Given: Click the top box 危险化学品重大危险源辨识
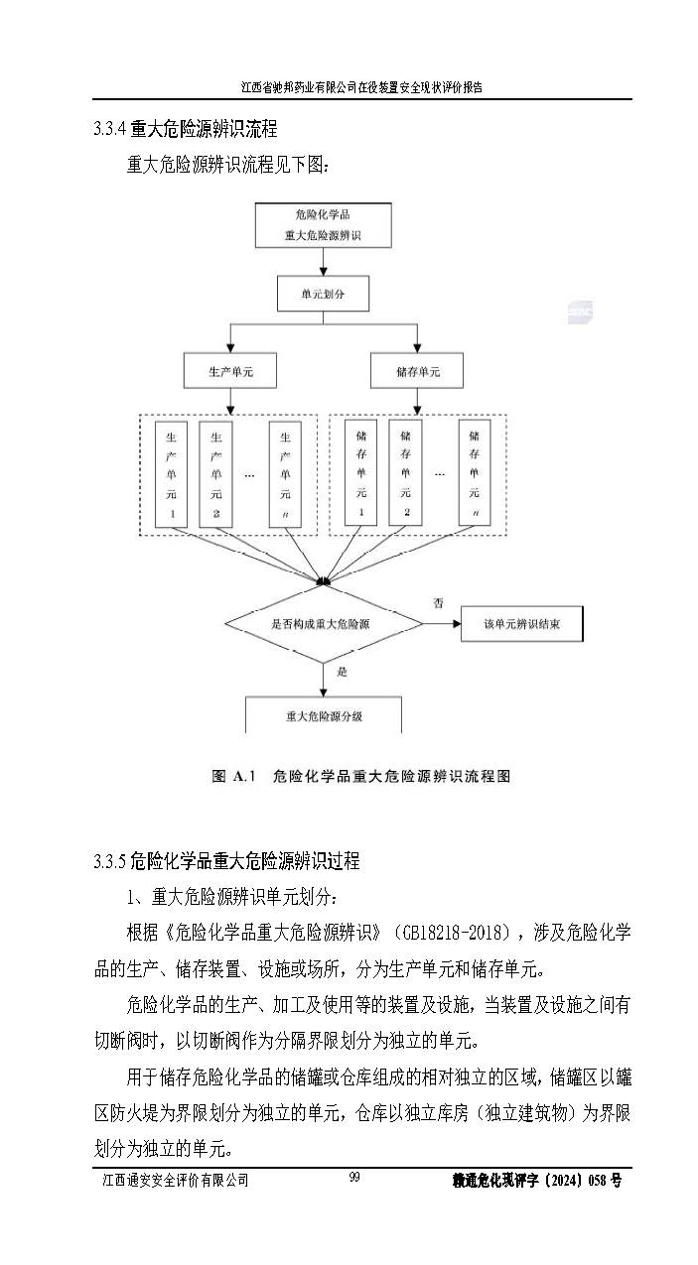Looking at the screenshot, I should tap(323, 225).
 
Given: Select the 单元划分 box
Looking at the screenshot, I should tap(323, 294).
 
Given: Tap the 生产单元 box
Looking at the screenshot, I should tap(229, 372).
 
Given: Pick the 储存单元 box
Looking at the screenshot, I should tap(417, 372).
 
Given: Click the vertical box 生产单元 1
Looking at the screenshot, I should tap(173, 474).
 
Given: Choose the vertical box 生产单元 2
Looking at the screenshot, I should tap(215, 474).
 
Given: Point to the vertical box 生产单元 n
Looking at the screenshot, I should tap(285, 474).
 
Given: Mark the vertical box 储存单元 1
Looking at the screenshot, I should tap(361, 473).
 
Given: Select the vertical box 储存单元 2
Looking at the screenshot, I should tap(405, 473).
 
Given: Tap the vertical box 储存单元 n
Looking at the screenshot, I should tap(475, 473).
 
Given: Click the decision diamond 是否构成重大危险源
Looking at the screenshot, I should tap(322, 624).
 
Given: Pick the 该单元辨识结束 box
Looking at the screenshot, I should tap(522, 624).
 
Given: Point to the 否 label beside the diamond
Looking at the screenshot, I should tap(438, 602).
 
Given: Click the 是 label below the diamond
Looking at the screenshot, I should tap(343, 672).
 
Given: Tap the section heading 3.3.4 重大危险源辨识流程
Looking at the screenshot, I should tap(185, 129).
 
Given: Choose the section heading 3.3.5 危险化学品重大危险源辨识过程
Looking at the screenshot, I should tap(225, 861).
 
